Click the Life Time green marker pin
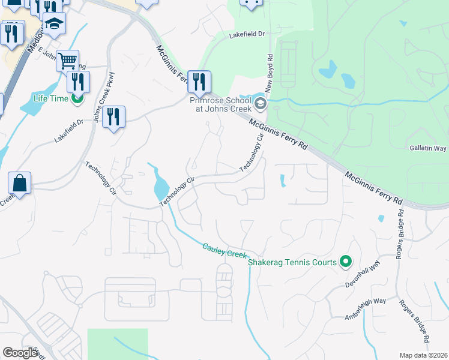pos(76,98)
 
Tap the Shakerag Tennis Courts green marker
pos(345,261)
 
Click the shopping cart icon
pos(68,60)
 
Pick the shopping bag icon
pos(19,183)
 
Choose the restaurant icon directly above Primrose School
pos(199,81)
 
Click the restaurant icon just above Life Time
pos(78,82)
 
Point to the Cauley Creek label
pos(225,251)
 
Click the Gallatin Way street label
pos(428,148)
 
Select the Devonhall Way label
pos(363,275)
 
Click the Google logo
pos(20,353)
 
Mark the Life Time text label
pos(50,98)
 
